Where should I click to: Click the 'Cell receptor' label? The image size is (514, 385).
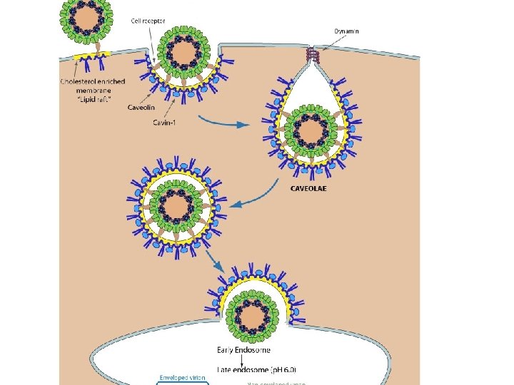[x=148, y=21]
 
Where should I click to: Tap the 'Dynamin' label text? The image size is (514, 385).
[x=347, y=31]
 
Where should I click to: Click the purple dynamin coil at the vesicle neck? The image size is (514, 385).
[x=311, y=53]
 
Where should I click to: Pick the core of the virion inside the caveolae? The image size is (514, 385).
[x=311, y=132]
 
